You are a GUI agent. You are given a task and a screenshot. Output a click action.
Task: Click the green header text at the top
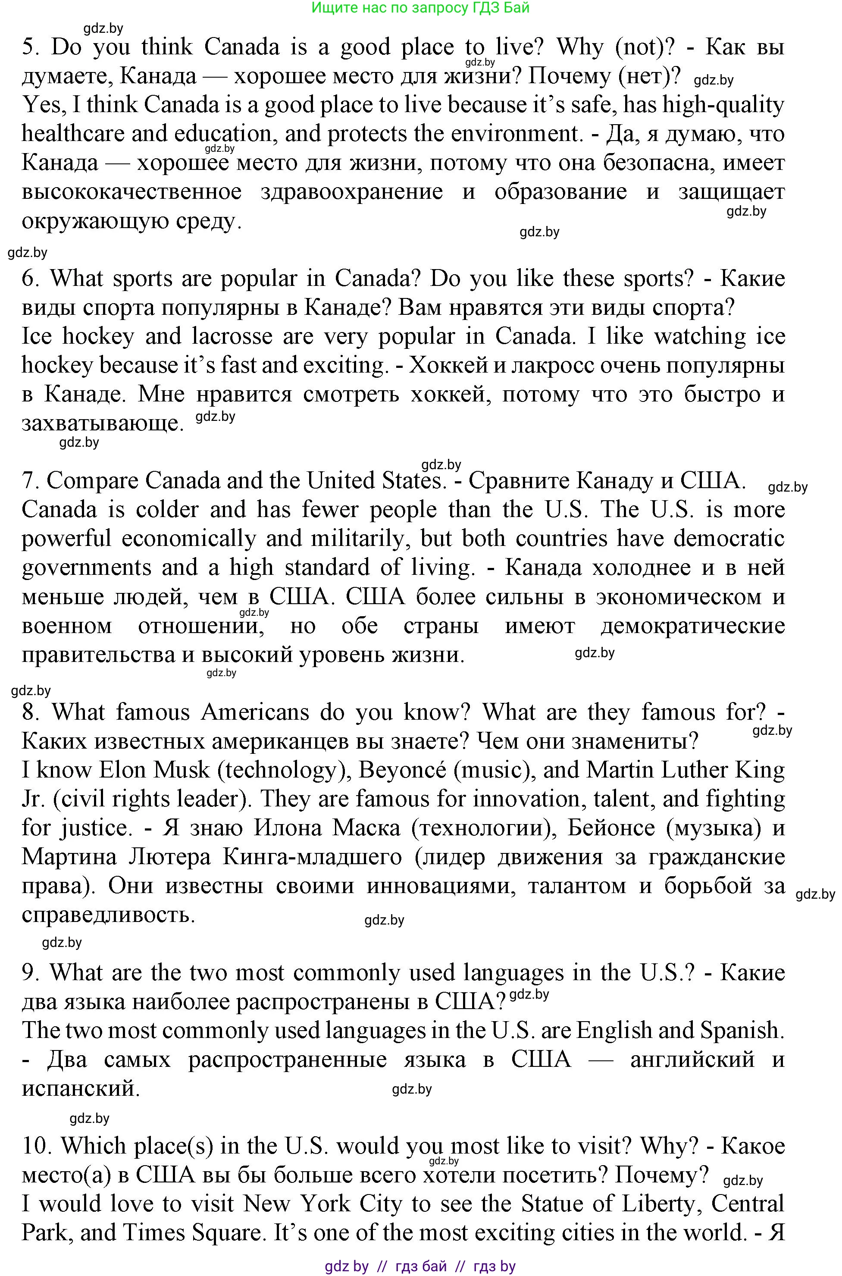coord(420,7)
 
